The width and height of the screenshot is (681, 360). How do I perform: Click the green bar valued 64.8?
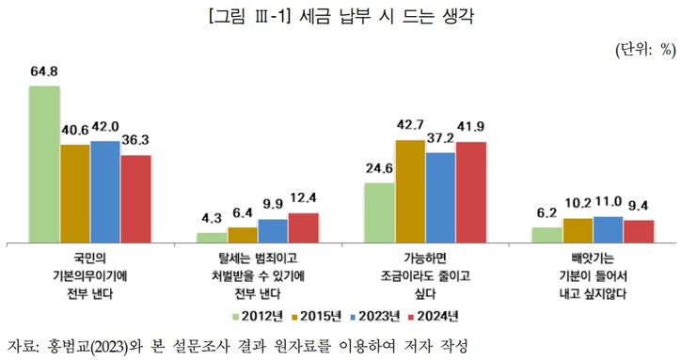[44, 164]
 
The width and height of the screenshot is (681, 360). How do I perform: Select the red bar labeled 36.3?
[135, 197]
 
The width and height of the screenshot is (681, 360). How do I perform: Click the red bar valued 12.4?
[303, 227]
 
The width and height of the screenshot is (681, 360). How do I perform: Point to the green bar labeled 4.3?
[212, 237]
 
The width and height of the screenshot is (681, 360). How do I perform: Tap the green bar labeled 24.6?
[379, 211]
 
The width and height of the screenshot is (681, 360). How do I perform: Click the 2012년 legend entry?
[254, 315]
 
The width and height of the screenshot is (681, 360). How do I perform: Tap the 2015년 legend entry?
[314, 315]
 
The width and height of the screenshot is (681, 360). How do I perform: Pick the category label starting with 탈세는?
[257, 274]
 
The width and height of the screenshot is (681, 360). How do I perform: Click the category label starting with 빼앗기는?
[594, 274]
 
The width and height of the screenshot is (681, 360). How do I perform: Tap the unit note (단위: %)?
[646, 50]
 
